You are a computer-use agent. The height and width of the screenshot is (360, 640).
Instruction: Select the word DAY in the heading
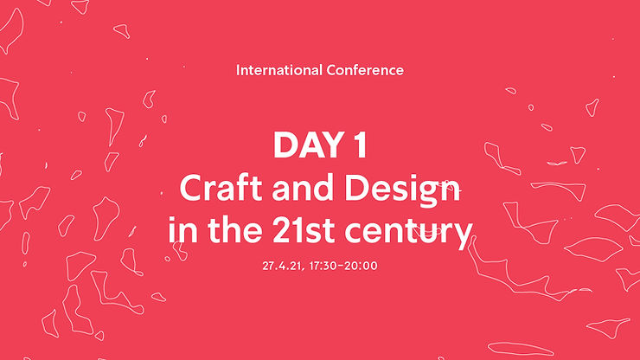coord(309,145)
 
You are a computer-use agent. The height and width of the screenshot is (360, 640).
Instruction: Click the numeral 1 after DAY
coord(359,145)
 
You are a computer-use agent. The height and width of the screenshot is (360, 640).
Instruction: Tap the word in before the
coord(179,231)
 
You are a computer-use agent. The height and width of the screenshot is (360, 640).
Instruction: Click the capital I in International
coord(238,69)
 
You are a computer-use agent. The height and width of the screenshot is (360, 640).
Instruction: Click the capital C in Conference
coord(330,69)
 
